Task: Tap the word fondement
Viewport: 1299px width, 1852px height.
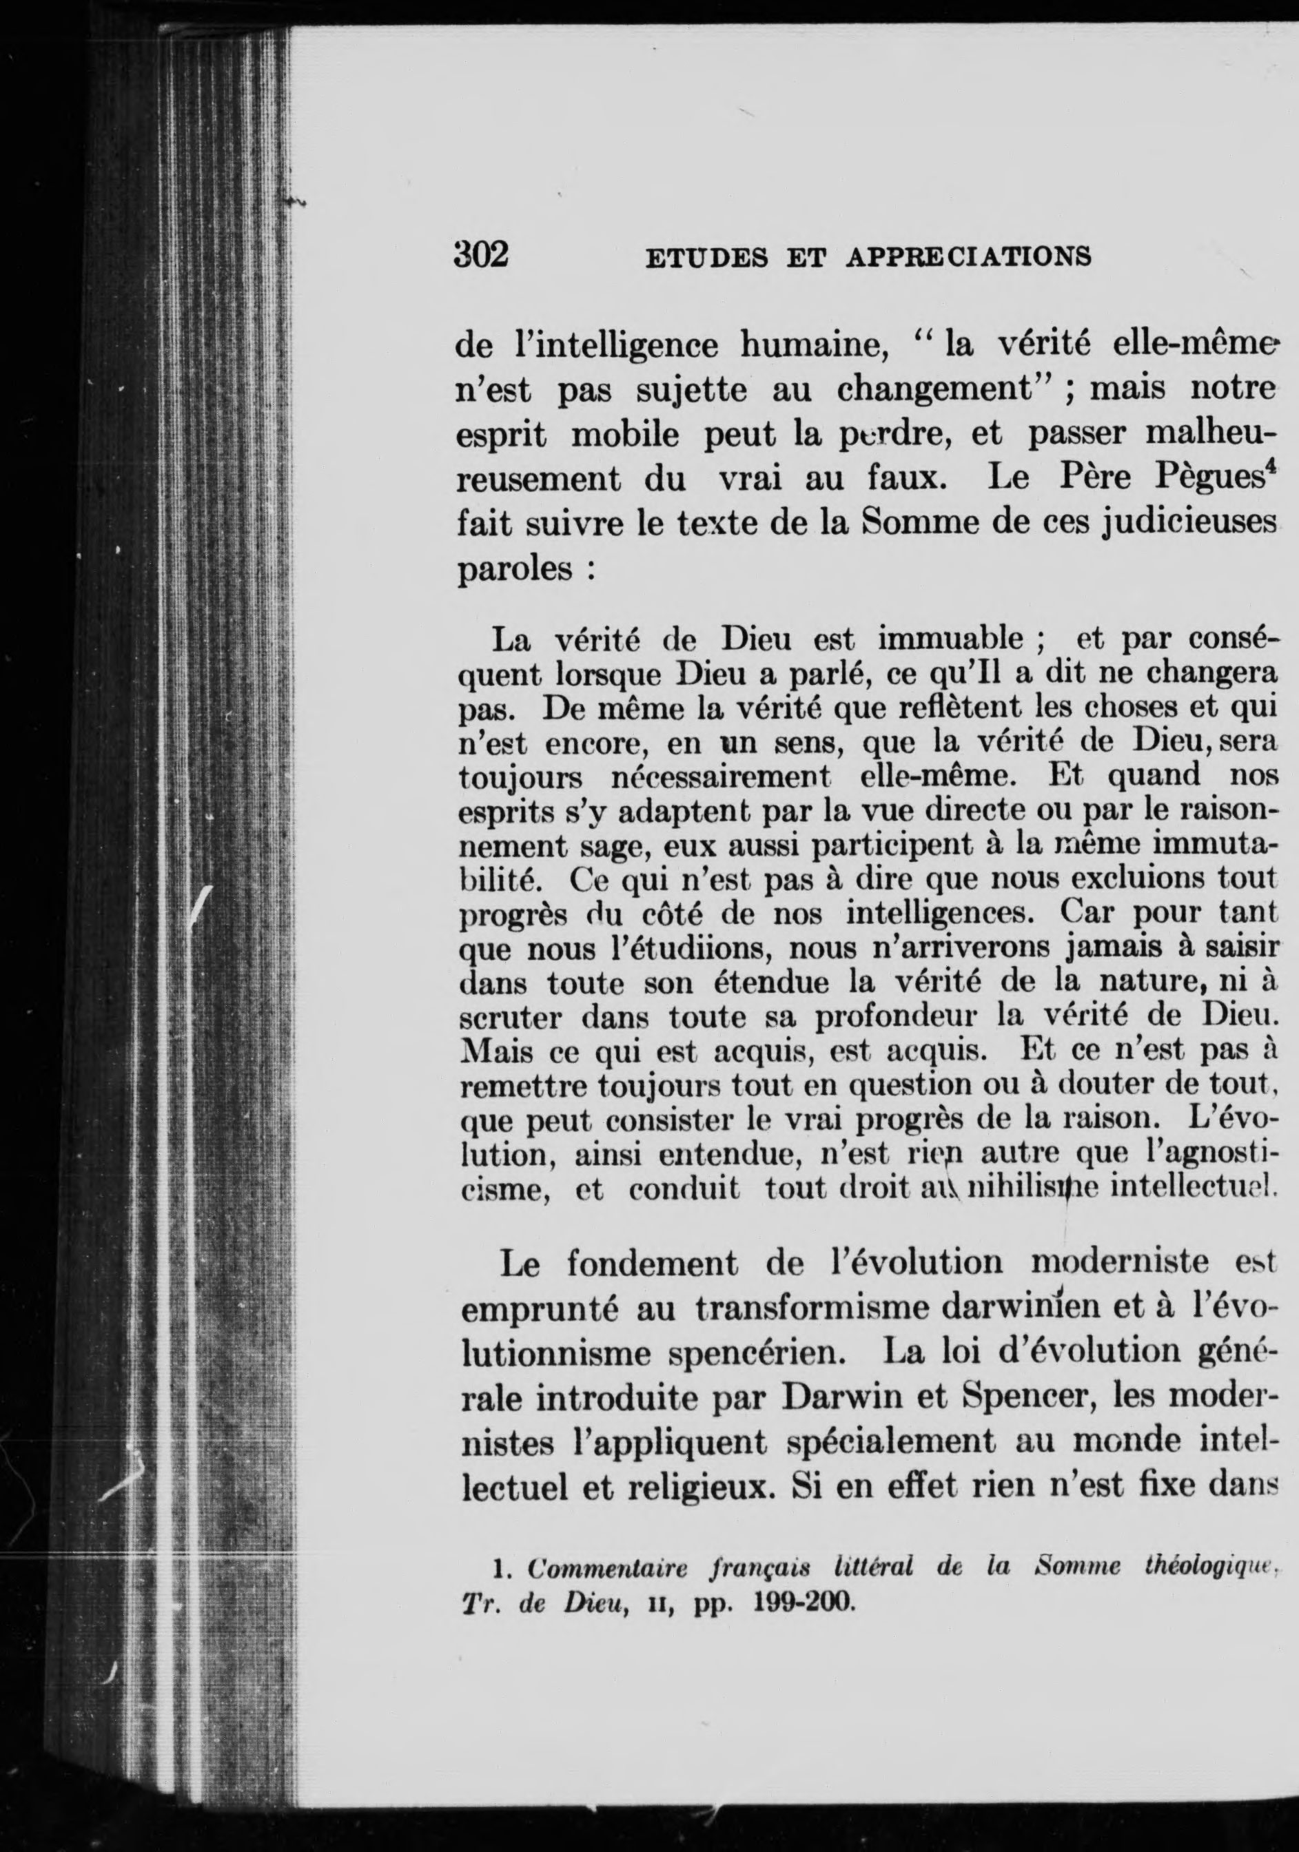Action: point(652,1263)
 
